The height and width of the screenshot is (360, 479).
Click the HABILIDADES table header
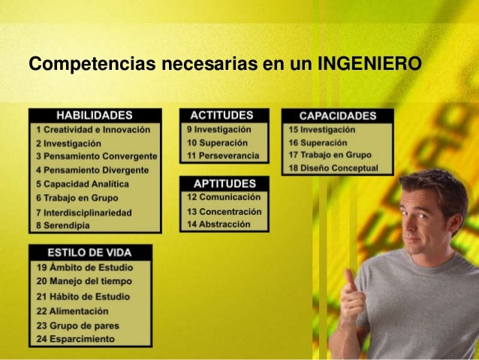tap(95, 115)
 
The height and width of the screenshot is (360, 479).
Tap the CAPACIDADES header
tap(337, 116)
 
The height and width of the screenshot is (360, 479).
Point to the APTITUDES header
tap(224, 183)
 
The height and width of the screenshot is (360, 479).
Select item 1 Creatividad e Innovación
tap(93, 129)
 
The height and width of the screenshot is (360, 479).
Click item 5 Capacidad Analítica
tap(82, 183)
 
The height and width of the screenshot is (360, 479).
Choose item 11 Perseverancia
tap(223, 156)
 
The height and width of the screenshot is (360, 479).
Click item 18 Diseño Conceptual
tap(333, 169)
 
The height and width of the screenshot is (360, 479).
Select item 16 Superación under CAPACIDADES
tap(318, 142)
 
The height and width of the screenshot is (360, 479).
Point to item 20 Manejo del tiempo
tap(84, 281)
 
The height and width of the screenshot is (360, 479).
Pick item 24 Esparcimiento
tap(76, 339)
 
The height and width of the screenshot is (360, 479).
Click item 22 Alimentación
tap(72, 310)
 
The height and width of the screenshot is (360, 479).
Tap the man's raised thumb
tap(350, 278)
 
